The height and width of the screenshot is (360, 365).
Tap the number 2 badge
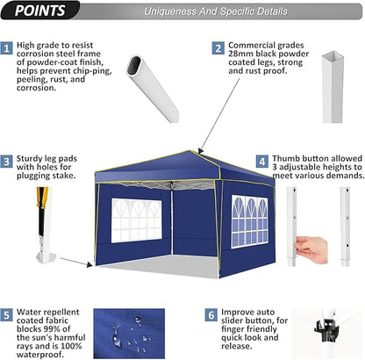217,47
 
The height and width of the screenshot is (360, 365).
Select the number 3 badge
8,162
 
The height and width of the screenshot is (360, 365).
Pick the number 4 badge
261,162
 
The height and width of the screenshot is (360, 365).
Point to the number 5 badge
8,313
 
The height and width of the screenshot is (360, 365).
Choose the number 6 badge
211,313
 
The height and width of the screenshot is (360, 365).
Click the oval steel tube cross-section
144,68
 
